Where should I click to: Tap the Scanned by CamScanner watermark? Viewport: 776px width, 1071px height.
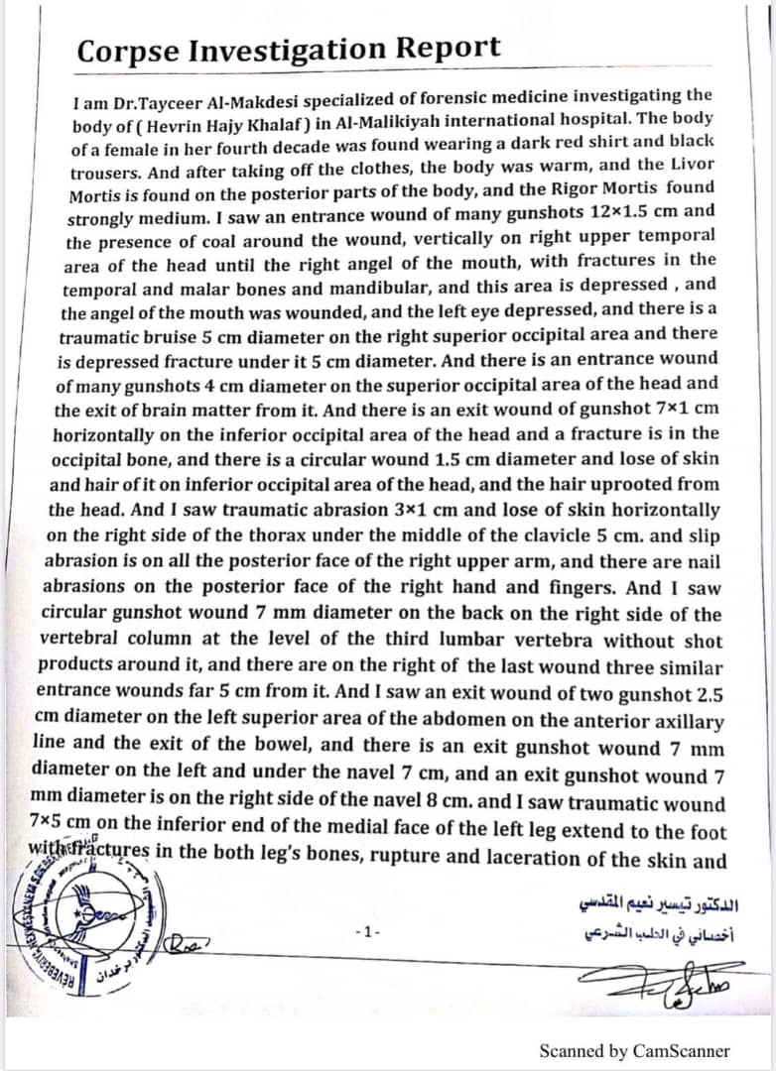pos(634,1050)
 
